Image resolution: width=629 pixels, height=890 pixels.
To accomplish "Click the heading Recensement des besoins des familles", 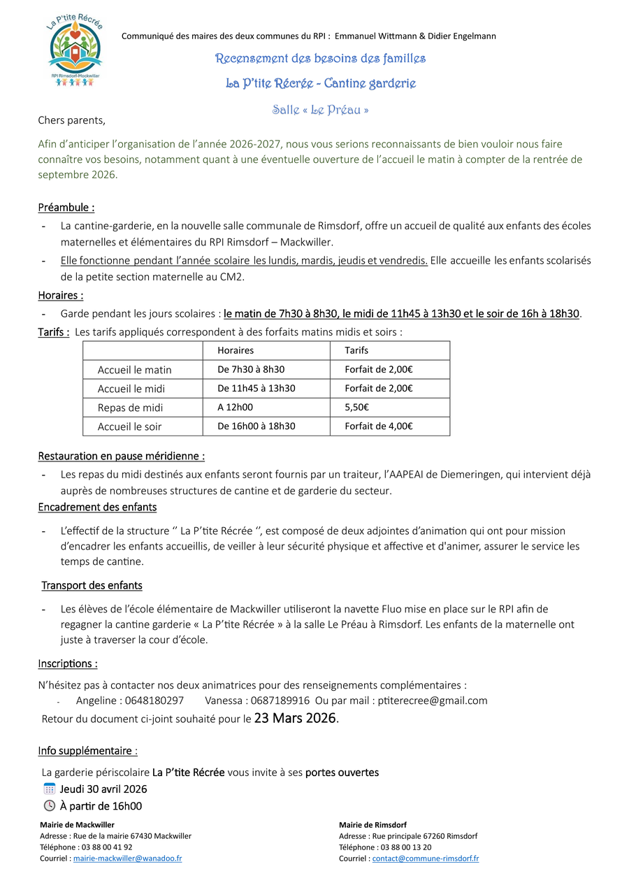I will point(320,59).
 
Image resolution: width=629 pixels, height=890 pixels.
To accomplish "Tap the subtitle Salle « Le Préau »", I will point(320,110).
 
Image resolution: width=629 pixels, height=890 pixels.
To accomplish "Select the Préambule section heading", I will point(66,208).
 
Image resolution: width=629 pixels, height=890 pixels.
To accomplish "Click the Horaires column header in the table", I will point(236,350).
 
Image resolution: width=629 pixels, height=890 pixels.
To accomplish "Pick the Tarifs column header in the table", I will point(356,350).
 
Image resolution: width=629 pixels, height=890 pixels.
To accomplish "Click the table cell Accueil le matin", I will point(134,370).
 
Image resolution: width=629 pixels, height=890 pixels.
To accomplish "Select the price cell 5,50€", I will point(357,408).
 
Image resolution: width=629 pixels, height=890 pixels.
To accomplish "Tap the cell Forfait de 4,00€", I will point(379,426).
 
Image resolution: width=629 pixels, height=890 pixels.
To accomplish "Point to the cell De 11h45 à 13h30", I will point(256,389).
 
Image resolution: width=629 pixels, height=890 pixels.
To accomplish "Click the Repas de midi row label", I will point(130,408).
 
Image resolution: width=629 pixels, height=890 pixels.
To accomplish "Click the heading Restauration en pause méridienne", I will point(121,456).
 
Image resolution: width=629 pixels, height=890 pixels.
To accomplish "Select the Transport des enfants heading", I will point(92,585).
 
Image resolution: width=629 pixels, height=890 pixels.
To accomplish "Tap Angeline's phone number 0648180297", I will point(152,701).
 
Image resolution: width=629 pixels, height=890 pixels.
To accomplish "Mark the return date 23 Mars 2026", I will point(296,718).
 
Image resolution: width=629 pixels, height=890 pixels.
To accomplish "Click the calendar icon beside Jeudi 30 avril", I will point(49,789).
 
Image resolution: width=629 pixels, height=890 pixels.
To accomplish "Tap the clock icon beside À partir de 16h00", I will point(49,806).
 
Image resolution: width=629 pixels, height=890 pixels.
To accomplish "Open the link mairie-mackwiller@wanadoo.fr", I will point(127,859).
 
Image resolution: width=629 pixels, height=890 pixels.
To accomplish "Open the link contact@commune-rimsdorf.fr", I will point(426,859).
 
